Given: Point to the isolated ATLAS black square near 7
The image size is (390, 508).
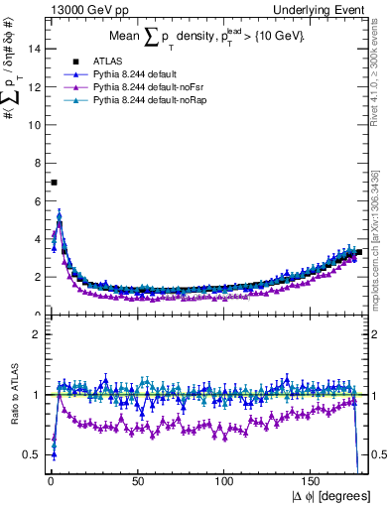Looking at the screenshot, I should [54, 183].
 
